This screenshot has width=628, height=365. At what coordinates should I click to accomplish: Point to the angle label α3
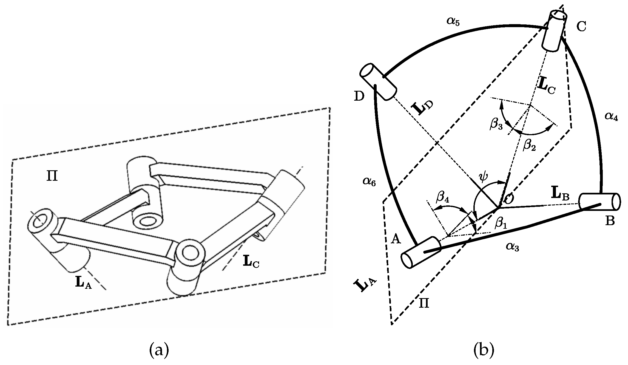[x=513, y=247]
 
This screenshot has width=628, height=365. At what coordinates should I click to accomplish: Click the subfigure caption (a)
[x=159, y=351]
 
